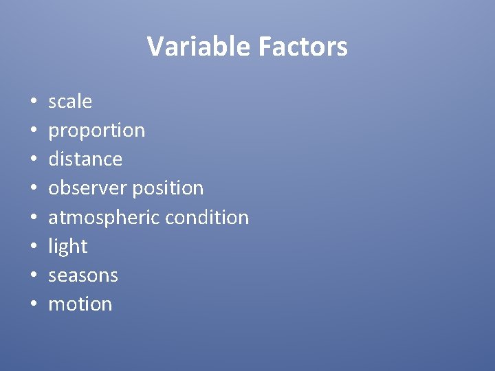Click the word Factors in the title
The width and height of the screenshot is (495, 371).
tap(302, 47)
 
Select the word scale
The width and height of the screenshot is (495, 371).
tap(70, 102)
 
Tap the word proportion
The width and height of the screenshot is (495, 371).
tap(96, 131)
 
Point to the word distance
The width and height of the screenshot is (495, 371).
tap(85, 159)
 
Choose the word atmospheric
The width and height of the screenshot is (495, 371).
tap(100, 218)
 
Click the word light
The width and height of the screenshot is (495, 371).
tap(68, 247)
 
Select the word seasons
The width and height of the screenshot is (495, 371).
tap(83, 276)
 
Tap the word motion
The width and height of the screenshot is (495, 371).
tap(80, 304)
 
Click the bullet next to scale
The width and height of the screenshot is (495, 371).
tap(33, 102)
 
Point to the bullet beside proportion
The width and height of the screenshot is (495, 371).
tap(33, 131)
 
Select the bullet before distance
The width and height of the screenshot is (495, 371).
tap(33, 160)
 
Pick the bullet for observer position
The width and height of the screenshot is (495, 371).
tap(33, 189)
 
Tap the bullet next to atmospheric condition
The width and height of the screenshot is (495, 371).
tap(33, 218)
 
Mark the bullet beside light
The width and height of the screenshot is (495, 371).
tap(33, 247)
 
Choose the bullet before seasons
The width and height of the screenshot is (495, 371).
tap(33, 276)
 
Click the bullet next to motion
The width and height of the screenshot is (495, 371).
tap(33, 305)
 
